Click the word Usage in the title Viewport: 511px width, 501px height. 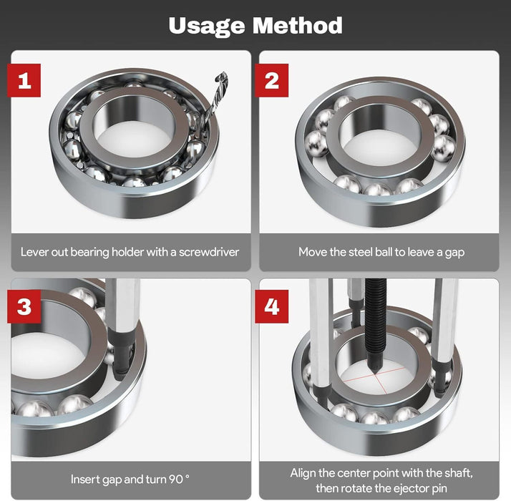coord(205,26)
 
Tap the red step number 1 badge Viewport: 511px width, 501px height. coord(24,80)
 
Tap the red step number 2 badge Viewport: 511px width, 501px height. coord(272,80)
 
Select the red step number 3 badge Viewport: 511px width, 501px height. coord(24,307)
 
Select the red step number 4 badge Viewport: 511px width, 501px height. coord(272,307)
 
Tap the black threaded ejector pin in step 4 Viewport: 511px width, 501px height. coord(374,315)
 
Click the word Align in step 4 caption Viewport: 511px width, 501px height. coord(303,472)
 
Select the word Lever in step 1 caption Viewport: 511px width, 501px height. coord(34,252)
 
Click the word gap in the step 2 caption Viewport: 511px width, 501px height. coord(454,252)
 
